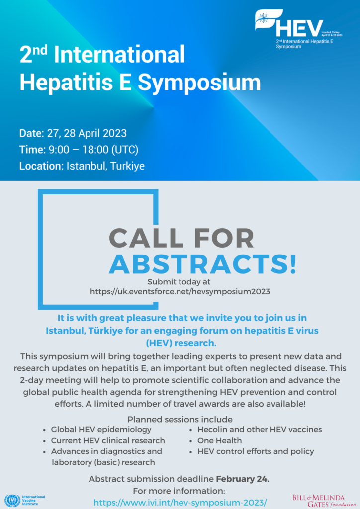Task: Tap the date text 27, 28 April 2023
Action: [x=87, y=133]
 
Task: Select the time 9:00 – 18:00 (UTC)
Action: [x=93, y=149]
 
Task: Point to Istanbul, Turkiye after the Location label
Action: [x=105, y=166]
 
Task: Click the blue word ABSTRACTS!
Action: [x=202, y=263]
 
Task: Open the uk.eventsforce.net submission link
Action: [x=180, y=291]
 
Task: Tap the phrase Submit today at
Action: [x=180, y=282]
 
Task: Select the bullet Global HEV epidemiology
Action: [x=101, y=429]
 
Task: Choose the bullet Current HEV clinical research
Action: [x=107, y=440]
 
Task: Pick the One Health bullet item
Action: [x=219, y=440]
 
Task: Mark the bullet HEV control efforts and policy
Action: [x=256, y=451]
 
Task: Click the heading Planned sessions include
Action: [x=180, y=419]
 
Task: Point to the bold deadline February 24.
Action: [x=243, y=479]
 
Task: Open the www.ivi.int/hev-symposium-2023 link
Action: [x=180, y=502]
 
